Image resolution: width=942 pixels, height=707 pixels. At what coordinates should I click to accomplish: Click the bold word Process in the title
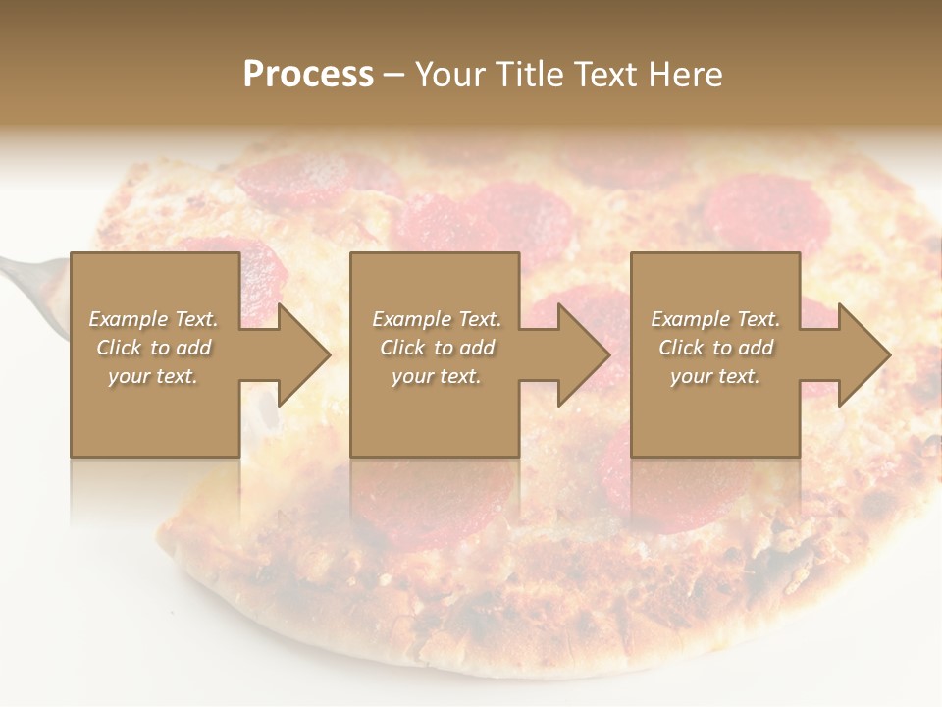pyautogui.click(x=308, y=75)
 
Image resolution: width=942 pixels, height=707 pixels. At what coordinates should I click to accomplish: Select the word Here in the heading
pyautogui.click(x=684, y=75)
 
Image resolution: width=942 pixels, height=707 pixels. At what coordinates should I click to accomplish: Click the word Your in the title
pyautogui.click(x=451, y=75)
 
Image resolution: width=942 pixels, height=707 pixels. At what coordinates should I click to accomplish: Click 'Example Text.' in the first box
pyautogui.click(x=154, y=319)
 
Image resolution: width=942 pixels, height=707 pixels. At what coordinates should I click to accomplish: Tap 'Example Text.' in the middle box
pyautogui.click(x=436, y=319)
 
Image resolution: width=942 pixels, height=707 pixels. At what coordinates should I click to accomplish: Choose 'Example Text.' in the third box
pyautogui.click(x=715, y=319)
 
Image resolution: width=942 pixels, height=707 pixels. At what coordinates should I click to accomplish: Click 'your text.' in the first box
pyautogui.click(x=154, y=376)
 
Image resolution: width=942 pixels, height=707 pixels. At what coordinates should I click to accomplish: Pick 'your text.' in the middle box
pyautogui.click(x=436, y=376)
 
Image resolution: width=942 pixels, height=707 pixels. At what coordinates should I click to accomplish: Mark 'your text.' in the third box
pyautogui.click(x=715, y=376)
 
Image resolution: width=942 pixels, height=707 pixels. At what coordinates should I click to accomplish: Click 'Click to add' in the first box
pyautogui.click(x=154, y=348)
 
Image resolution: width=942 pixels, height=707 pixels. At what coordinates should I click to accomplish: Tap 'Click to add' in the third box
pyautogui.click(x=715, y=348)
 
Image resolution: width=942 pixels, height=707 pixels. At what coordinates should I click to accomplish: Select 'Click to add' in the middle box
pyautogui.click(x=436, y=348)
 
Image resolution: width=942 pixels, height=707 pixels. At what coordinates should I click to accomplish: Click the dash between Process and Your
pyautogui.click(x=393, y=75)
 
